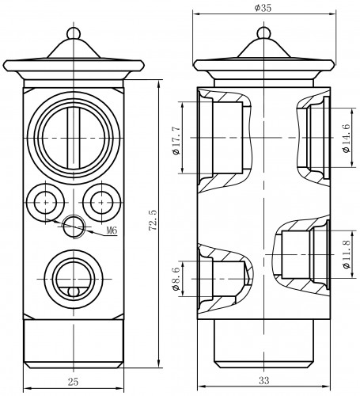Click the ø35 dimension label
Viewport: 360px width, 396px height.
tap(263, 8)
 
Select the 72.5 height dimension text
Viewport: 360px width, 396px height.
tap(153, 220)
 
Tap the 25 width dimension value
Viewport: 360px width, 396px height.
tap(73, 382)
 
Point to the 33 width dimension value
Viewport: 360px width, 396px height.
tap(263, 380)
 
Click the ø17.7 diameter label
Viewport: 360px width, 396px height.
tap(176, 141)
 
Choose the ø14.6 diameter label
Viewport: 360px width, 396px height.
tap(347, 139)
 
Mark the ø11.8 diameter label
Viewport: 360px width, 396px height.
tap(347, 254)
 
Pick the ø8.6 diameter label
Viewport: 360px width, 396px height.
tap(176, 279)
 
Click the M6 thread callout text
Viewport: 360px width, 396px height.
tap(112, 230)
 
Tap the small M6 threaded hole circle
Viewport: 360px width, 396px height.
tap(74, 227)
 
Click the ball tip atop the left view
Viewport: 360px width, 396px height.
tap(74, 33)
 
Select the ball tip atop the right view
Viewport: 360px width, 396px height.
tap(263, 33)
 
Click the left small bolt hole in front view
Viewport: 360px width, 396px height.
tap(46, 203)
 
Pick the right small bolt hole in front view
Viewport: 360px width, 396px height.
tap(102, 203)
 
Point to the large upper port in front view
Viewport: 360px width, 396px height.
tap(74, 138)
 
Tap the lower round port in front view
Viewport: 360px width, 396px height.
tap(74, 280)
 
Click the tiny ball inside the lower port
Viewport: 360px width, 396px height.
tap(74, 291)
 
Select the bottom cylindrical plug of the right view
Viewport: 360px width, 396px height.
tap(263, 343)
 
